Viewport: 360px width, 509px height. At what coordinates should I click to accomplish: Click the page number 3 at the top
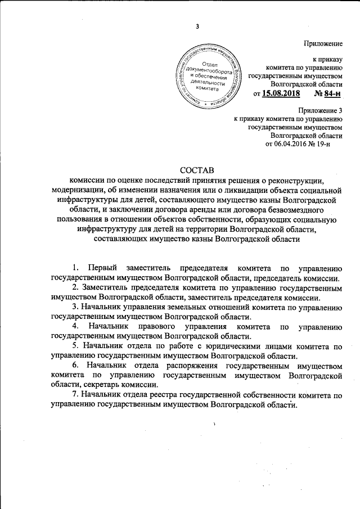[x=197, y=26]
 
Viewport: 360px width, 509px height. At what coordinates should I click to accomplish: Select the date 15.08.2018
[x=281, y=93]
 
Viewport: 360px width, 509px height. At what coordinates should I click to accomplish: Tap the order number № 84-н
[x=328, y=93]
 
